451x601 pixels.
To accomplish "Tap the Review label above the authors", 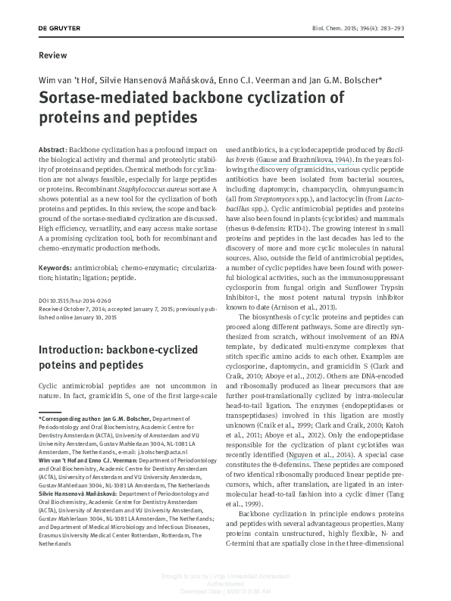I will [x=52, y=55].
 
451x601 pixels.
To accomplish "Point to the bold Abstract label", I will [x=52, y=151].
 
